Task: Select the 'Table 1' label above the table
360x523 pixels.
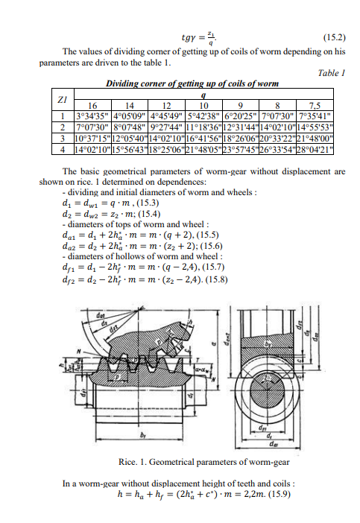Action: point(331,73)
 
